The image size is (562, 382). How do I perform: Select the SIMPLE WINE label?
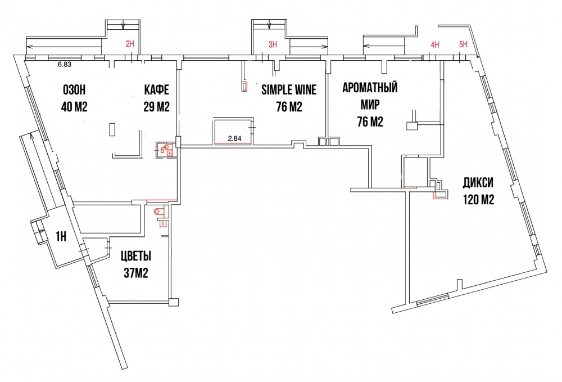click(x=289, y=89)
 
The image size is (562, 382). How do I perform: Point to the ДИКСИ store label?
click(x=478, y=183)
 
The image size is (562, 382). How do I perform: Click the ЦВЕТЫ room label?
click(x=136, y=257)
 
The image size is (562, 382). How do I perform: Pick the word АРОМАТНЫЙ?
click(x=370, y=88)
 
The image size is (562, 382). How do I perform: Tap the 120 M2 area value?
click(x=478, y=199)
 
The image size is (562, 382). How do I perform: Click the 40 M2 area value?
click(x=74, y=107)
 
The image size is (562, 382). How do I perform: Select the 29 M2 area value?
click(x=157, y=107)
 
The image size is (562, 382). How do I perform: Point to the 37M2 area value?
click(x=136, y=273)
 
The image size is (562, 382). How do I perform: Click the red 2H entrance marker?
click(x=130, y=44)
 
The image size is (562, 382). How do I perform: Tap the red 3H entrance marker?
click(x=273, y=44)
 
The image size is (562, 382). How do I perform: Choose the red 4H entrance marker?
click(x=435, y=44)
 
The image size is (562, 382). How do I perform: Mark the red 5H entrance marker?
click(x=464, y=44)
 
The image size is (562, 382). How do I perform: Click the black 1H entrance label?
click(x=61, y=237)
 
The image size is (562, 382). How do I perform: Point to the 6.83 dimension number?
click(x=64, y=65)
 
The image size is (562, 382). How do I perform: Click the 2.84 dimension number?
click(x=234, y=138)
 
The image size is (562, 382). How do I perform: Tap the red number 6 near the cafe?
click(x=162, y=150)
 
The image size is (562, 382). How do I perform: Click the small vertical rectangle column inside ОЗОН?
click(x=112, y=129)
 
